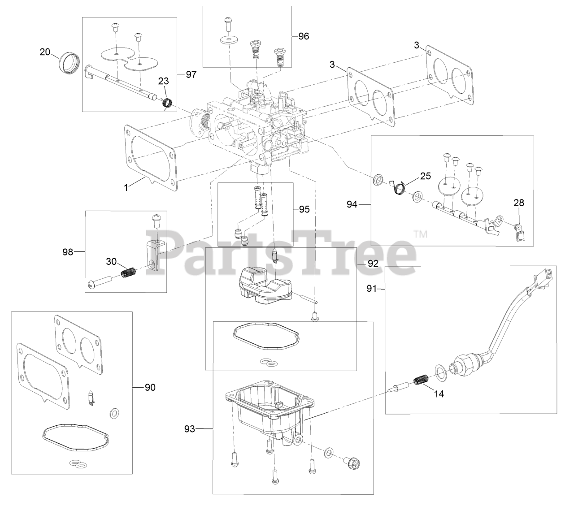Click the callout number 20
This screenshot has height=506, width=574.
(45, 52)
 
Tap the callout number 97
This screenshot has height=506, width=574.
(191, 74)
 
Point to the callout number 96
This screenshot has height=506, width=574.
(304, 36)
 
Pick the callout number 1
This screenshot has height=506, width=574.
(126, 188)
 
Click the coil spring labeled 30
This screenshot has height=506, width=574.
(130, 272)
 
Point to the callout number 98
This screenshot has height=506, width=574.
(68, 252)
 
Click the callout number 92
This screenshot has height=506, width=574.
(373, 263)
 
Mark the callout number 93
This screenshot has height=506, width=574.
(189, 429)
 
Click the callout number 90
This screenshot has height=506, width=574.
(150, 387)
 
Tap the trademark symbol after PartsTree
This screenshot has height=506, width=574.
(420, 234)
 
